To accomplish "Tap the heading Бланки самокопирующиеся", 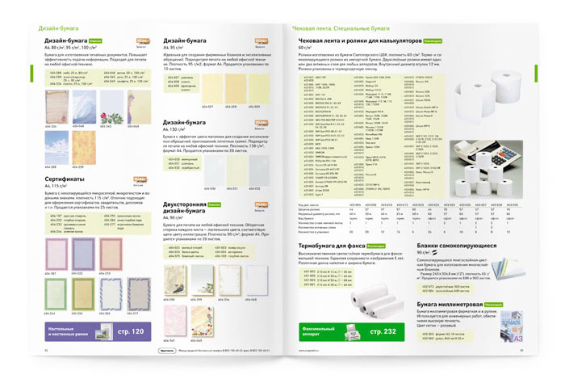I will click(457, 244).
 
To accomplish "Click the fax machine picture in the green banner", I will click(349, 334).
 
